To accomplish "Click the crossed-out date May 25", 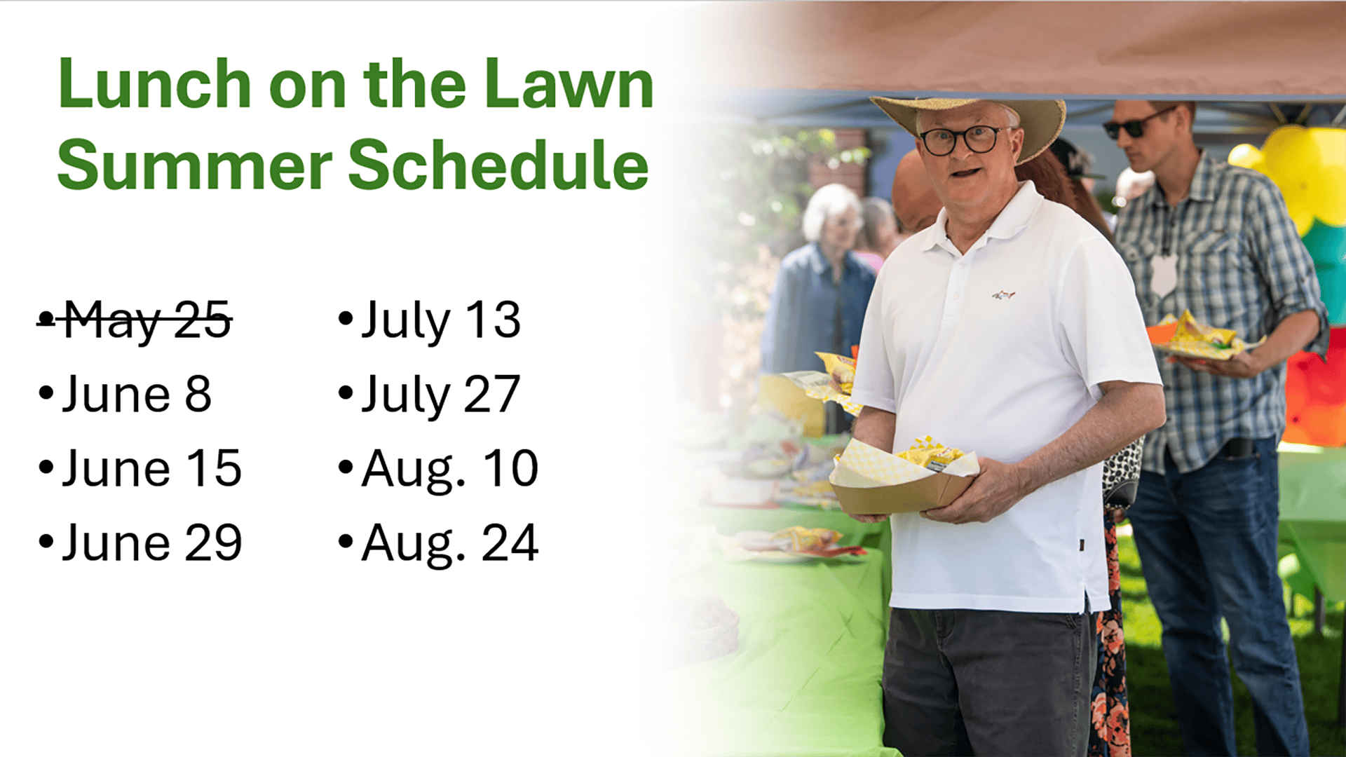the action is click(147, 321).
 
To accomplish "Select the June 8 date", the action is click(137, 394).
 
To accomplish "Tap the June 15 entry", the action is click(152, 468).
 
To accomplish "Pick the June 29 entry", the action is click(152, 543).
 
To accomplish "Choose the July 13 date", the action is click(441, 321).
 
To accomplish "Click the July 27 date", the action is click(441, 395).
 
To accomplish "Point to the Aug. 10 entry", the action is click(450, 470).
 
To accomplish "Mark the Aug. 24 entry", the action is click(450, 544).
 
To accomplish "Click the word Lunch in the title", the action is click(154, 84).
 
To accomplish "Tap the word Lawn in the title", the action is click(569, 84).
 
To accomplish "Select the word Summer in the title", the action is click(194, 165).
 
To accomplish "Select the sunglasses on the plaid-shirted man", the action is click(1137, 123).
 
